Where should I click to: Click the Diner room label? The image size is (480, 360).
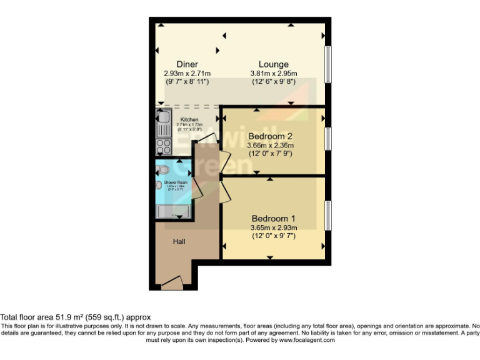[x=187, y=64]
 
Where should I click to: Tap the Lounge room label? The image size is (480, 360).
[x=274, y=64]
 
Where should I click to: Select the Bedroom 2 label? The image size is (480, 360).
[x=270, y=136]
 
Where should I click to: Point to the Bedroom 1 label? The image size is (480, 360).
[x=273, y=219]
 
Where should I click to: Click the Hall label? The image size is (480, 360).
[x=179, y=241]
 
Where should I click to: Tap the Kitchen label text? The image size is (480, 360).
[x=189, y=119]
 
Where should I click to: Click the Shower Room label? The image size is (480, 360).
[x=176, y=182]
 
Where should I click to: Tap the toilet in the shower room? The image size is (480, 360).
[x=164, y=169]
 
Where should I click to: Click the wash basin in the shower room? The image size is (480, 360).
[x=159, y=184]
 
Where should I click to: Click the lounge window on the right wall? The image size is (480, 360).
[x=327, y=63]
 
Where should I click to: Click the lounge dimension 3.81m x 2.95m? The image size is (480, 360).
[x=274, y=73]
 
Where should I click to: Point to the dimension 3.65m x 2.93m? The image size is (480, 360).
[x=273, y=227]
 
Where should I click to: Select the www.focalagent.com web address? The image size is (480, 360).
[x=307, y=341]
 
